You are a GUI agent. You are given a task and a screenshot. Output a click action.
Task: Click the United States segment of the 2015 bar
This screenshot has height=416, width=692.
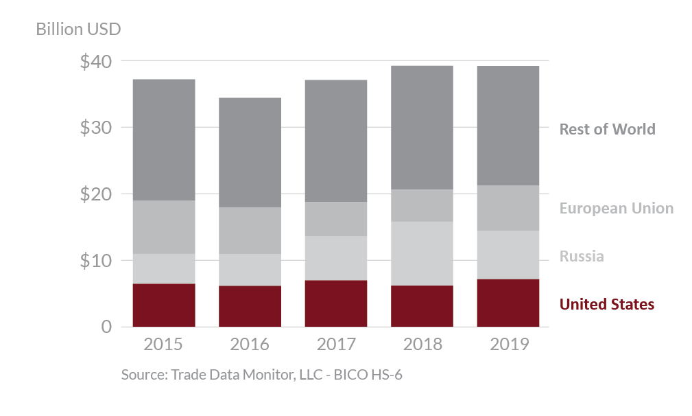[x=164, y=305]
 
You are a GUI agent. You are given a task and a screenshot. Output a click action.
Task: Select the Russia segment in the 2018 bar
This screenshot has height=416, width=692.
[x=422, y=253]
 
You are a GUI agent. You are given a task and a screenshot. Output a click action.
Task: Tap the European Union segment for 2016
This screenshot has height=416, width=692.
[x=250, y=231]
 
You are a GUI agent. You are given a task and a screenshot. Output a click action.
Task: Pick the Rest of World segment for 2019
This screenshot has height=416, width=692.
[x=508, y=126]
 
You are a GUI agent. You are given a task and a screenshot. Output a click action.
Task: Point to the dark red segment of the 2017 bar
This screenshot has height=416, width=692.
[x=336, y=303]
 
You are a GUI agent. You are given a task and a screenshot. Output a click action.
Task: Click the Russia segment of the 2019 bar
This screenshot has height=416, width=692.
[x=508, y=255]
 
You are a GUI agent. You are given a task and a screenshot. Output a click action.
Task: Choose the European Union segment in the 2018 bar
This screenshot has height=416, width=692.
[x=422, y=205]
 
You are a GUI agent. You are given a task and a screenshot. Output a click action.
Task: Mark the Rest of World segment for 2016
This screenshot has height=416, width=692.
[x=250, y=152]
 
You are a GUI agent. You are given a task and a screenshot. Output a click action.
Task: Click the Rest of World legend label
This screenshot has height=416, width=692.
[x=607, y=129]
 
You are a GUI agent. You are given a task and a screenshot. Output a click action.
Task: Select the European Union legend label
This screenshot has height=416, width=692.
[x=616, y=208]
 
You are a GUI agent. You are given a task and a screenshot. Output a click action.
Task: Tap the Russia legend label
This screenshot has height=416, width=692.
[x=582, y=256]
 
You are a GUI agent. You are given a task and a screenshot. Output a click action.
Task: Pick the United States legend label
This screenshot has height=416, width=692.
[x=607, y=304]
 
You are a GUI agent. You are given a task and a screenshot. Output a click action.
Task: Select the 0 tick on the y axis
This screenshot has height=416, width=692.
[x=106, y=327]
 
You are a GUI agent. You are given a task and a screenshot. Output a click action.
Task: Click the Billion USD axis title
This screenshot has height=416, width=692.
[x=78, y=30]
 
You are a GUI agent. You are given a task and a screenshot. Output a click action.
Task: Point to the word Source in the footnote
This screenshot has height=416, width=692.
[x=143, y=375]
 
